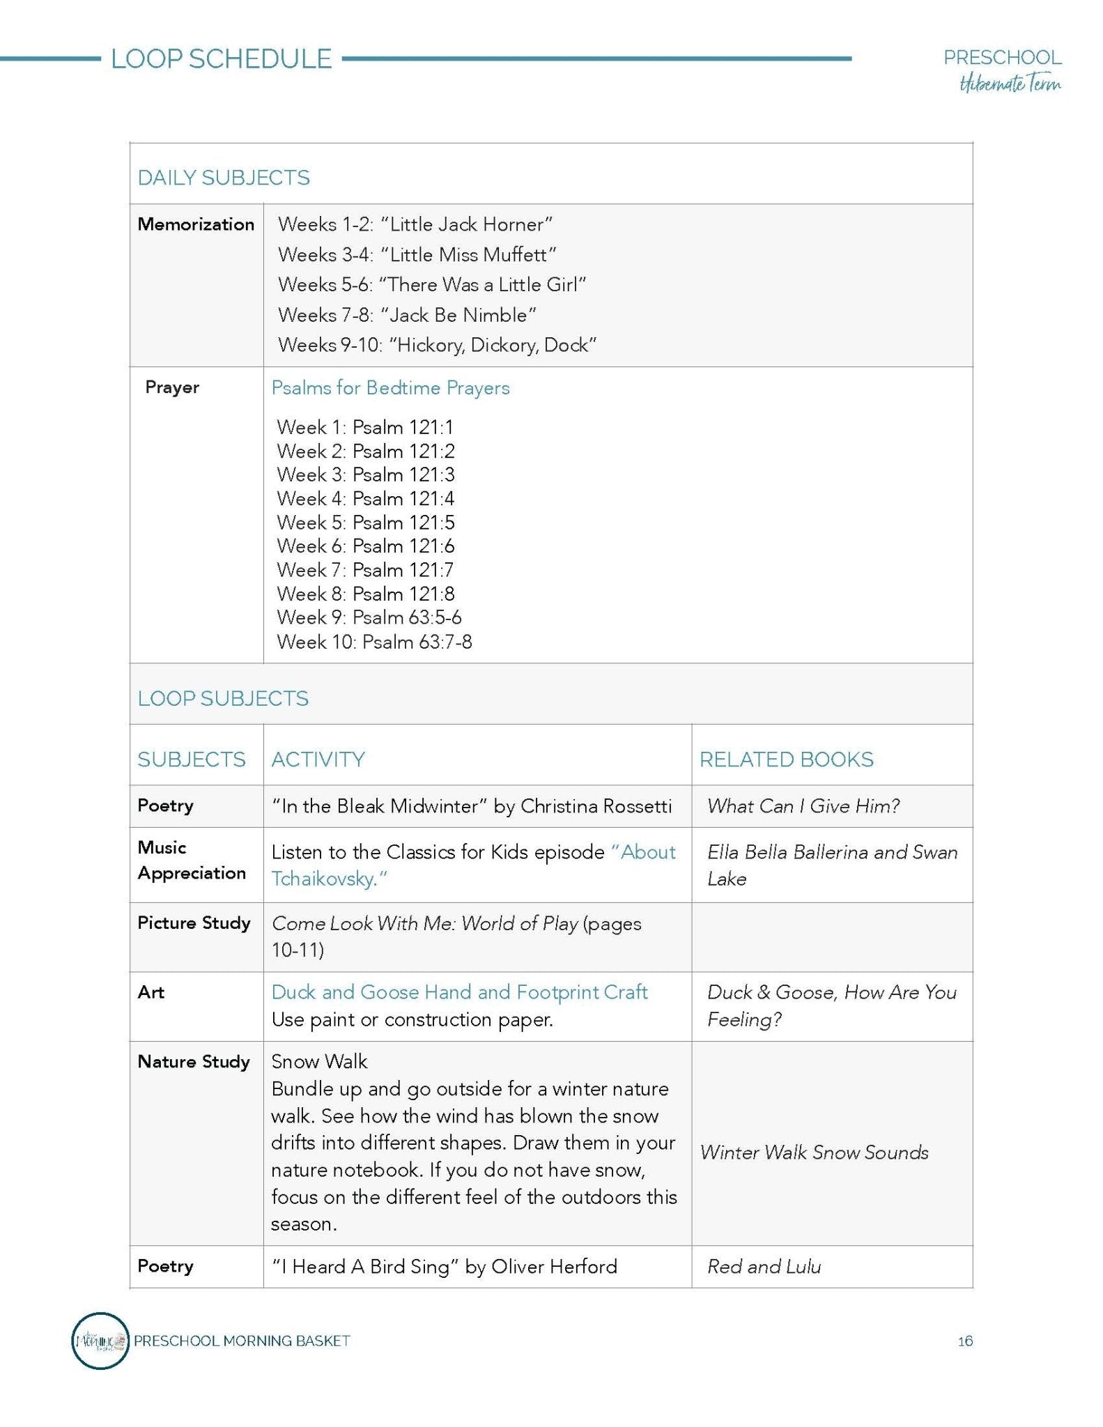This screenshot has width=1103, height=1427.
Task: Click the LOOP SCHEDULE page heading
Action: pos(221,59)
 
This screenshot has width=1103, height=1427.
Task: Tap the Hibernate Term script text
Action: pos(1010,84)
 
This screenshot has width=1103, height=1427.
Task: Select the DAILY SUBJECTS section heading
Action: pos(224,178)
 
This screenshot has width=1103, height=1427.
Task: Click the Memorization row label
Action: pos(196,224)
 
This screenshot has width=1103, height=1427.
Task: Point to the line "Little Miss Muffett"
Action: pos(417,255)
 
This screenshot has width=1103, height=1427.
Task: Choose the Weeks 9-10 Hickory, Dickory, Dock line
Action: pos(437,345)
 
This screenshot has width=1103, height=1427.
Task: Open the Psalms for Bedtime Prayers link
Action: pos(390,388)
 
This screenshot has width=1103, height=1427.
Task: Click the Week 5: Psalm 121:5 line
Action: pos(365,523)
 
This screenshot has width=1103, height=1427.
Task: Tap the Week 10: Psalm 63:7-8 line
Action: pos(374,642)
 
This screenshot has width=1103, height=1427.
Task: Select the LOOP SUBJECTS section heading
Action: pos(223,699)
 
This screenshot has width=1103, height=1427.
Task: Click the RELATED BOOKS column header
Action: pos(786,759)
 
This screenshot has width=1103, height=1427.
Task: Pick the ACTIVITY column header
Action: pos(318,759)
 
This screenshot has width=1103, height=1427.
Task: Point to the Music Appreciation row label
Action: pos(192,861)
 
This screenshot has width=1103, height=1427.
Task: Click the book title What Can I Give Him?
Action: pos(803,806)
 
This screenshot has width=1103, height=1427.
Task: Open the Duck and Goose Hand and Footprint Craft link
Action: pos(459,992)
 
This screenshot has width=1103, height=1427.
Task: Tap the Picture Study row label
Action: pos(194,923)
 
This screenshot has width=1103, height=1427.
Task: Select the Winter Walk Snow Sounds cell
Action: pos(814,1152)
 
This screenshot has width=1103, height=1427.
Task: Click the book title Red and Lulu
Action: pos(764,1267)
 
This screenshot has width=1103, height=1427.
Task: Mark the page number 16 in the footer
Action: pos(965,1341)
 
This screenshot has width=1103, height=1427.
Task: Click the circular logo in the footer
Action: pos(100,1341)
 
